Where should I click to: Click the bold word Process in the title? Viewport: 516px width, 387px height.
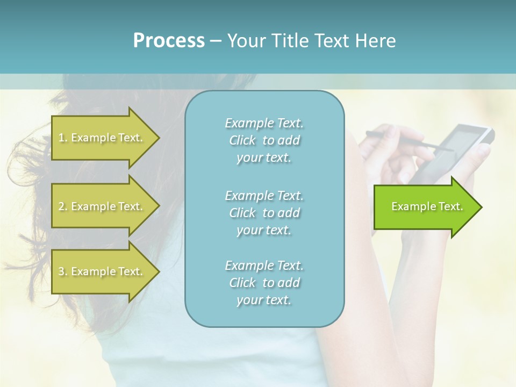[x=169, y=41]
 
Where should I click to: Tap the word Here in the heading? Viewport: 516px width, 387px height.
[x=375, y=41]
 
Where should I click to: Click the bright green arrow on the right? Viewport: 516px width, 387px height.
[x=425, y=206]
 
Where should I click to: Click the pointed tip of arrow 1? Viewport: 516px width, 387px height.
[x=158, y=138]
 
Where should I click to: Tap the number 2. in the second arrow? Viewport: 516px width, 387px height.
[x=63, y=206]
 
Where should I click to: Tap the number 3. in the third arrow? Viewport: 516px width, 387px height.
[x=63, y=271]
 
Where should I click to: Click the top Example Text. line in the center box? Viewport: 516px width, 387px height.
[x=264, y=123]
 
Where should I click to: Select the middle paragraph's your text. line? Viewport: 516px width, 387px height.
[x=264, y=230]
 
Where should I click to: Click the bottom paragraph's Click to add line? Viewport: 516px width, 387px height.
[x=264, y=283]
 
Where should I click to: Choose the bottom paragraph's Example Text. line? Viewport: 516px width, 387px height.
[x=264, y=266]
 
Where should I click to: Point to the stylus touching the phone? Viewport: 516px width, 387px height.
[x=408, y=141]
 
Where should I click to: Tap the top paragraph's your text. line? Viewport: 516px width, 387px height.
[x=264, y=158]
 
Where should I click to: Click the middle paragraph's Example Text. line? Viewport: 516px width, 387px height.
[x=264, y=196]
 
